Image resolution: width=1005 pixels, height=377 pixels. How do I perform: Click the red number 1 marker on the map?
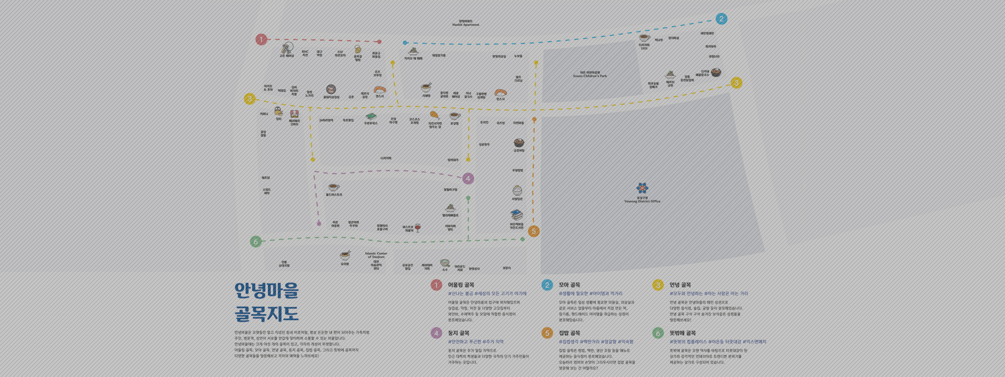point(261,39)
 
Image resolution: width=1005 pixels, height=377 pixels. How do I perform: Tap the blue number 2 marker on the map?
point(721,19)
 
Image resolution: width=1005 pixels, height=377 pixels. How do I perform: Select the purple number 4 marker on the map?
point(468,178)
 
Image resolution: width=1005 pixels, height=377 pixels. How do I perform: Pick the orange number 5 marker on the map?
point(534,231)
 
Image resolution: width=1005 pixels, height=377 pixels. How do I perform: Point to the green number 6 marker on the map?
point(255,241)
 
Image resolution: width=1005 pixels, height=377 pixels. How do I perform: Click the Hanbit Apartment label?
point(465,23)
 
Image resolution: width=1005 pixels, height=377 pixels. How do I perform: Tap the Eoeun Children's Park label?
point(590,74)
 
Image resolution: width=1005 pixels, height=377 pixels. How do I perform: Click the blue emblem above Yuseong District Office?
point(642,188)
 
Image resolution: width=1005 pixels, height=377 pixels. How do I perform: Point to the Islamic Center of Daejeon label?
point(376,255)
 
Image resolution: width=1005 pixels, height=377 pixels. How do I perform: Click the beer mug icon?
point(357,49)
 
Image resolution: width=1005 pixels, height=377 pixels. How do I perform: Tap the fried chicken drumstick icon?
point(434,116)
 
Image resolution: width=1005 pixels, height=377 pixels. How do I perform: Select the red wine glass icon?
point(418,228)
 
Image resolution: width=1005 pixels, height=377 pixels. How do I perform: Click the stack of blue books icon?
point(516,215)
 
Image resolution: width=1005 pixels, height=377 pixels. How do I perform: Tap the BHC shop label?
point(305,53)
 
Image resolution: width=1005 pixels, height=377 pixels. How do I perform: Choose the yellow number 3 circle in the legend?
point(658,285)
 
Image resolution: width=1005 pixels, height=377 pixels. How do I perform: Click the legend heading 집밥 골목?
point(569,333)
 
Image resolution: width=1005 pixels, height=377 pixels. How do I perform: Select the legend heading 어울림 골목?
point(461,285)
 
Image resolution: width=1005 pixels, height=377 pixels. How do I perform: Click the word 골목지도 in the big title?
point(267,314)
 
